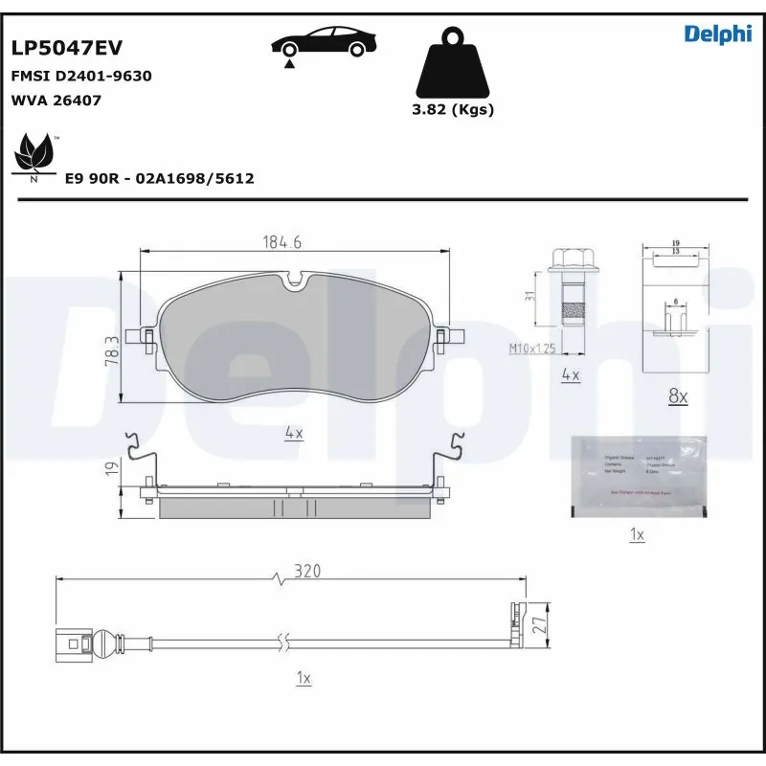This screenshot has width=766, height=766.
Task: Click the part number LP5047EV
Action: click(66, 48)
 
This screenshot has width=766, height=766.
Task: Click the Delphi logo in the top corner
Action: click(717, 34)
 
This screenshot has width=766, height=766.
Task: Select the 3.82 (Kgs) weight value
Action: click(452, 109)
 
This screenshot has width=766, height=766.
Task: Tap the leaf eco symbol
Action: click(35, 152)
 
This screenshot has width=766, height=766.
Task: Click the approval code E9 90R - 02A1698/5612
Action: click(158, 178)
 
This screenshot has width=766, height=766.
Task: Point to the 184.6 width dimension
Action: click(282, 243)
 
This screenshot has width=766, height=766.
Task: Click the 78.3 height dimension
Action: click(113, 350)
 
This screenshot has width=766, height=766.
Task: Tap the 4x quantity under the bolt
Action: click(570, 375)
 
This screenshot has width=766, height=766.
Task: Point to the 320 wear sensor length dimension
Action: click(306, 571)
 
